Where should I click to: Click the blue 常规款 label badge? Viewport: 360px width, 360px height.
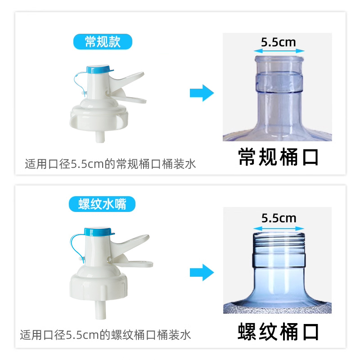(x=103, y=42)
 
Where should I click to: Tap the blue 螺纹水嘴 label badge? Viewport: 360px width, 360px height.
(x=103, y=204)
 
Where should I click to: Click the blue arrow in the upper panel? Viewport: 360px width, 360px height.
(x=201, y=93)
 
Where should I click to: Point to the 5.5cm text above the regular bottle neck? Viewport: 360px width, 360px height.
(x=278, y=42)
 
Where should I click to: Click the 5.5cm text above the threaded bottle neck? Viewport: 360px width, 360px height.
(x=279, y=218)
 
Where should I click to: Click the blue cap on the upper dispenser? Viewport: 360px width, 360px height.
(x=99, y=70)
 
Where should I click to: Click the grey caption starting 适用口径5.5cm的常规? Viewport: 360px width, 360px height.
(x=110, y=164)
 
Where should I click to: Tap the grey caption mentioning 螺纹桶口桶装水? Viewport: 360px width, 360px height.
(x=106, y=335)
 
